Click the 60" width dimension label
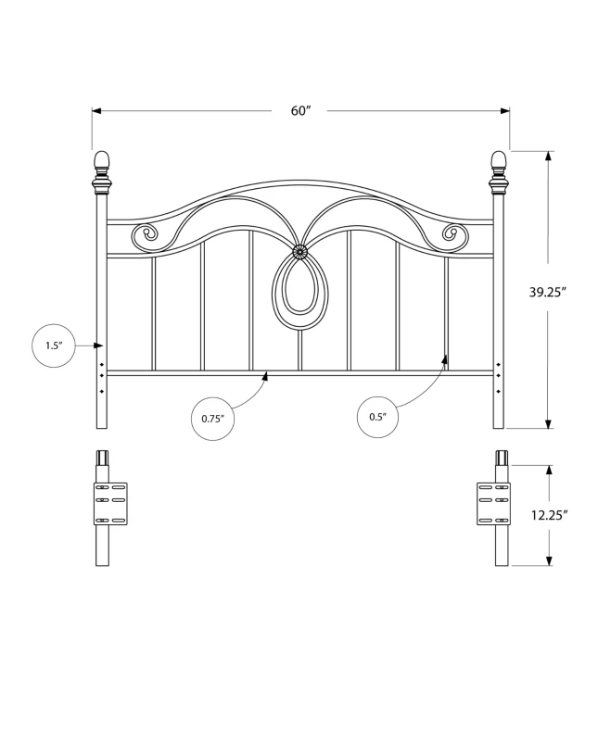[x=300, y=111]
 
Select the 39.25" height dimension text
[x=548, y=292]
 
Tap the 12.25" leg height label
[x=549, y=516]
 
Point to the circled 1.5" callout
[x=54, y=345]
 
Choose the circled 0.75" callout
[x=213, y=419]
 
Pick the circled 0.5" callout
[x=377, y=417]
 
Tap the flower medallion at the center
[x=299, y=251]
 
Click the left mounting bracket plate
[x=108, y=503]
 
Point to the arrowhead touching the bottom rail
[x=266, y=377]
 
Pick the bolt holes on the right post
[x=500, y=377]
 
